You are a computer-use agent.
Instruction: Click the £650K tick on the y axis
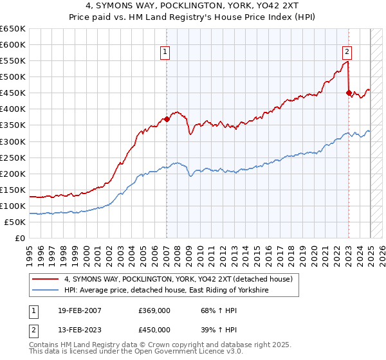(x=13, y=29)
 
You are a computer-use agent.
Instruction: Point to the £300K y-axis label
(x=13, y=141)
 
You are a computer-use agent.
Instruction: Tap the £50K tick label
(x=15, y=222)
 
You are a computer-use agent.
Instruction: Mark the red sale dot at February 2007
(x=167, y=119)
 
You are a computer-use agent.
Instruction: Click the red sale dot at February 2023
(x=349, y=93)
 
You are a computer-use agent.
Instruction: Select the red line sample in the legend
(x=46, y=279)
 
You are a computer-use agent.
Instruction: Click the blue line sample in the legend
(x=46, y=291)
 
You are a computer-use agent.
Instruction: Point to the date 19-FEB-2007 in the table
(x=78, y=311)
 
